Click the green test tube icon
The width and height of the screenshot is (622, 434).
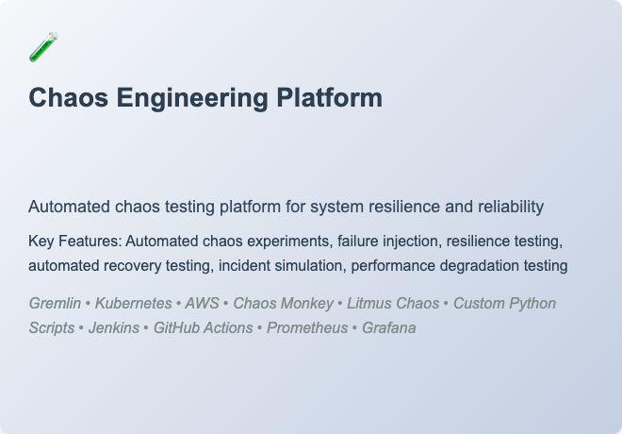tap(43, 47)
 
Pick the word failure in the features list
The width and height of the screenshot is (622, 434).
tap(359, 242)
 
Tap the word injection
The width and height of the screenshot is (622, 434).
tap(412, 242)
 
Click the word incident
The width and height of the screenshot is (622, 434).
tap(244, 266)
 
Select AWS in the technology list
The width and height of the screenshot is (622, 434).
tap(202, 304)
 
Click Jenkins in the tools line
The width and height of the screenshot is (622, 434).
tap(114, 328)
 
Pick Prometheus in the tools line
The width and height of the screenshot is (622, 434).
tap(304, 328)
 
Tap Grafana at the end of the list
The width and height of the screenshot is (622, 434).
tap(389, 328)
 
